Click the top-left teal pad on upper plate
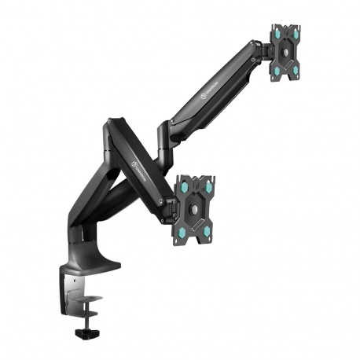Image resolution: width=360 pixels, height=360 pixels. (x=277, y=33)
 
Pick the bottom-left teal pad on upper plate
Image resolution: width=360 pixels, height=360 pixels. (x=278, y=69)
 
